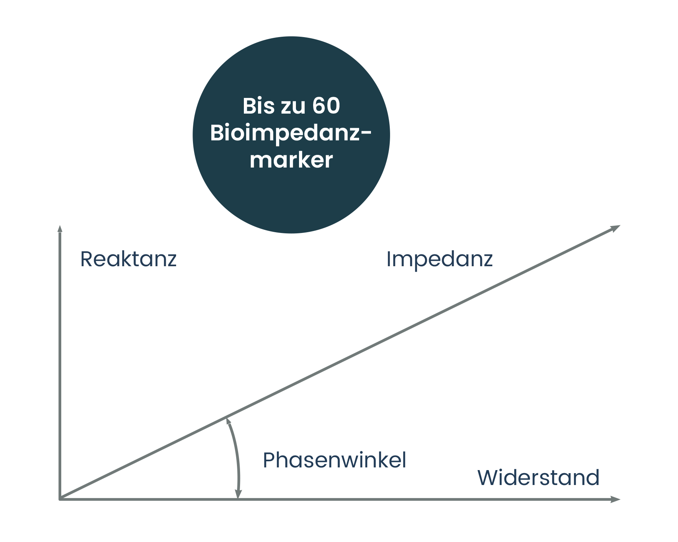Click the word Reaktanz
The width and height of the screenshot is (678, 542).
pos(128,259)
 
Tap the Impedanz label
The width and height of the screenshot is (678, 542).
pos(439,259)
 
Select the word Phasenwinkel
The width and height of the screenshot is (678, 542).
pos(334,460)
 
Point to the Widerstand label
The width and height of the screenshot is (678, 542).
pos(538,478)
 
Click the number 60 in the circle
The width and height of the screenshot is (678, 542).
pos(326,106)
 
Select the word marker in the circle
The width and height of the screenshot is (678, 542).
pos(291,160)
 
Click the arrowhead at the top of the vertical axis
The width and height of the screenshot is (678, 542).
pos(60,228)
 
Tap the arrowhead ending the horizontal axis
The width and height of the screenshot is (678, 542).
pos(616,500)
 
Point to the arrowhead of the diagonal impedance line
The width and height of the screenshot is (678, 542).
pos(615,228)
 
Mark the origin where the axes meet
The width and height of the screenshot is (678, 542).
pos(60,500)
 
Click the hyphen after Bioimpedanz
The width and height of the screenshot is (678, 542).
pos(366,133)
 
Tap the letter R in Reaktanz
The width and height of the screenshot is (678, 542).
pos(87,259)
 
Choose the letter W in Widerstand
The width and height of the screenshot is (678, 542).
pos(489,478)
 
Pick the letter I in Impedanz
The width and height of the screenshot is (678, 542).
pos(389,259)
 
